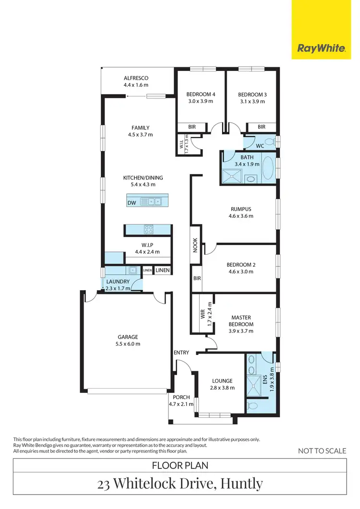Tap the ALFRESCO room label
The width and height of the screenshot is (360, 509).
(x=136, y=78)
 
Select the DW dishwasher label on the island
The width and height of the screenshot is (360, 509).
(x=132, y=203)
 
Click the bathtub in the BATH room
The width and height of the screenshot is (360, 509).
(x=267, y=168)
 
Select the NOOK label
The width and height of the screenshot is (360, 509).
(x=195, y=244)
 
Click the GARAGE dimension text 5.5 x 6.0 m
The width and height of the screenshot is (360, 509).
(x=127, y=344)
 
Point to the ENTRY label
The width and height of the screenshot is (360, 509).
(x=181, y=353)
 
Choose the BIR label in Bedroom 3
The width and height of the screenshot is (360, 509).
(x=262, y=127)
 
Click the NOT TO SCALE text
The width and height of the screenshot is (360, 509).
(x=322, y=450)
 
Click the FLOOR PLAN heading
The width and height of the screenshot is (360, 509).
(x=180, y=465)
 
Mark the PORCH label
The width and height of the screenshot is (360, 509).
(x=180, y=397)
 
